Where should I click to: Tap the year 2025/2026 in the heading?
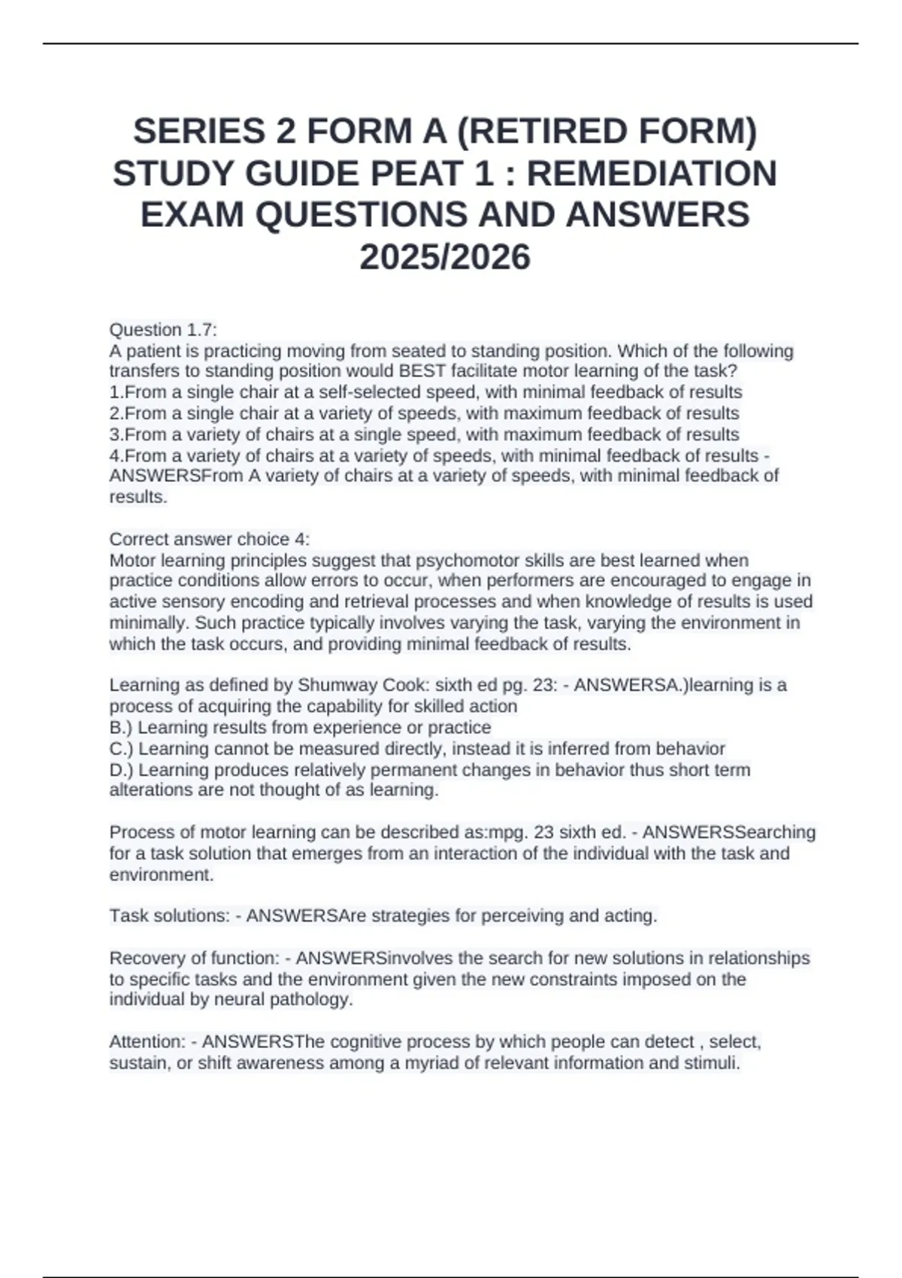445,257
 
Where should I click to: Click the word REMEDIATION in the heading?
652,174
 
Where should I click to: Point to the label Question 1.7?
163,330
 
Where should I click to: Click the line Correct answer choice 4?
210,539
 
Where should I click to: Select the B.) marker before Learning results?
121,728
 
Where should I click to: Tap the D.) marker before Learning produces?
121,770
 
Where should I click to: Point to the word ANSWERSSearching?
729,832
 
